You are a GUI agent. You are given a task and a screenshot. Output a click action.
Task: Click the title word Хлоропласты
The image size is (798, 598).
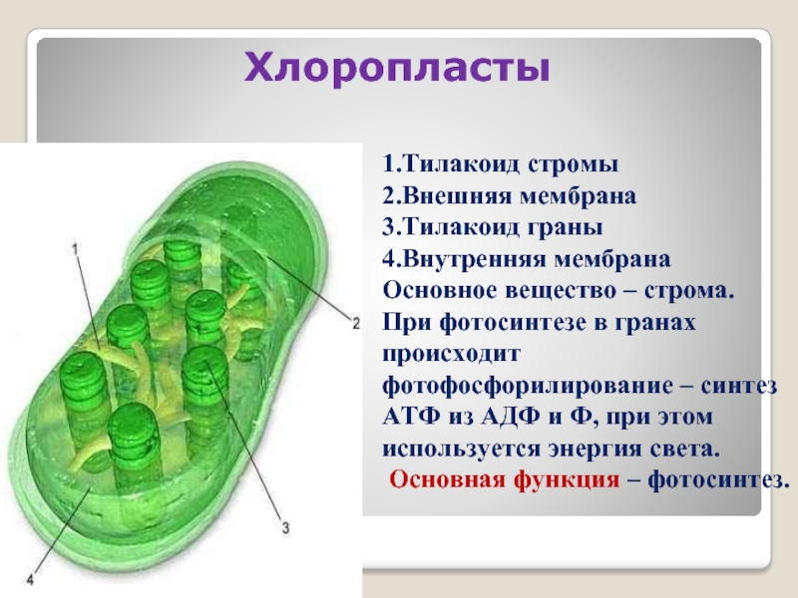pyautogui.click(x=397, y=68)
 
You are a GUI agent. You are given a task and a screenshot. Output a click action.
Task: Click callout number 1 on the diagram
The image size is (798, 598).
pyautogui.click(x=76, y=248)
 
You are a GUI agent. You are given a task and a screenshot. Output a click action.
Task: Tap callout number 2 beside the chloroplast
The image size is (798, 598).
pyautogui.click(x=356, y=323)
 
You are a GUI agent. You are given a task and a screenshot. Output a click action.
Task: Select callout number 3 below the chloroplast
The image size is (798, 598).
pyautogui.click(x=285, y=528)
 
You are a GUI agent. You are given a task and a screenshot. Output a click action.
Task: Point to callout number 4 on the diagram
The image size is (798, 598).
pyautogui.click(x=30, y=579)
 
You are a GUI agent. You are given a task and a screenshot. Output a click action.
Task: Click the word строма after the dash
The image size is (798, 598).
pyautogui.click(x=686, y=291)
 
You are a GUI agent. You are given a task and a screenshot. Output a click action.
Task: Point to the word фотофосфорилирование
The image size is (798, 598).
pyautogui.click(x=527, y=387)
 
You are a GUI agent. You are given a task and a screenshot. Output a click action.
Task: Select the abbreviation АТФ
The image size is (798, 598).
pyautogui.click(x=411, y=418)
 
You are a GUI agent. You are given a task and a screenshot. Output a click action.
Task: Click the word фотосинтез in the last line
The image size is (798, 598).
pyautogui.click(x=713, y=481)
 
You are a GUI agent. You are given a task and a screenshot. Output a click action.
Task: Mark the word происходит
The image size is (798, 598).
pyautogui.click(x=452, y=355)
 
